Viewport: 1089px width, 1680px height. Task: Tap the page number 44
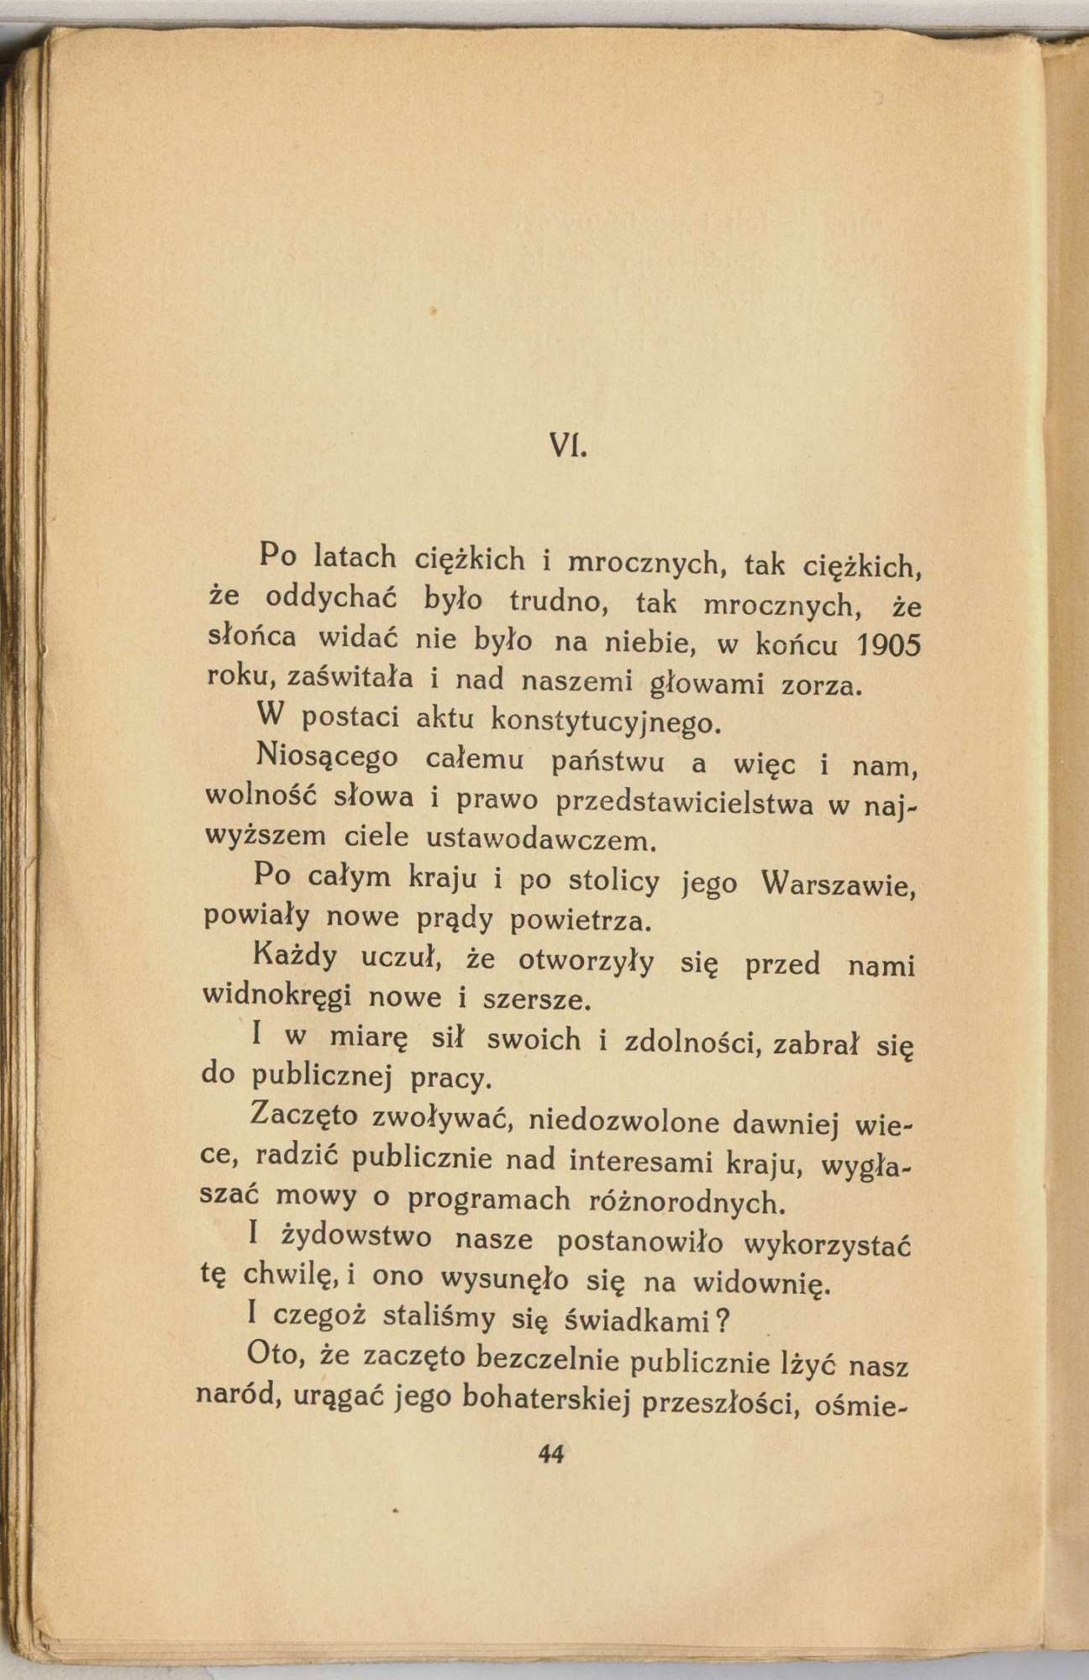click(551, 1454)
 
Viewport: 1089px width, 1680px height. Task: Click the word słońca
click(251, 635)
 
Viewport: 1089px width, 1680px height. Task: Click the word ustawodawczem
click(539, 838)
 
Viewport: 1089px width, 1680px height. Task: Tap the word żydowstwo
click(356, 1237)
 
